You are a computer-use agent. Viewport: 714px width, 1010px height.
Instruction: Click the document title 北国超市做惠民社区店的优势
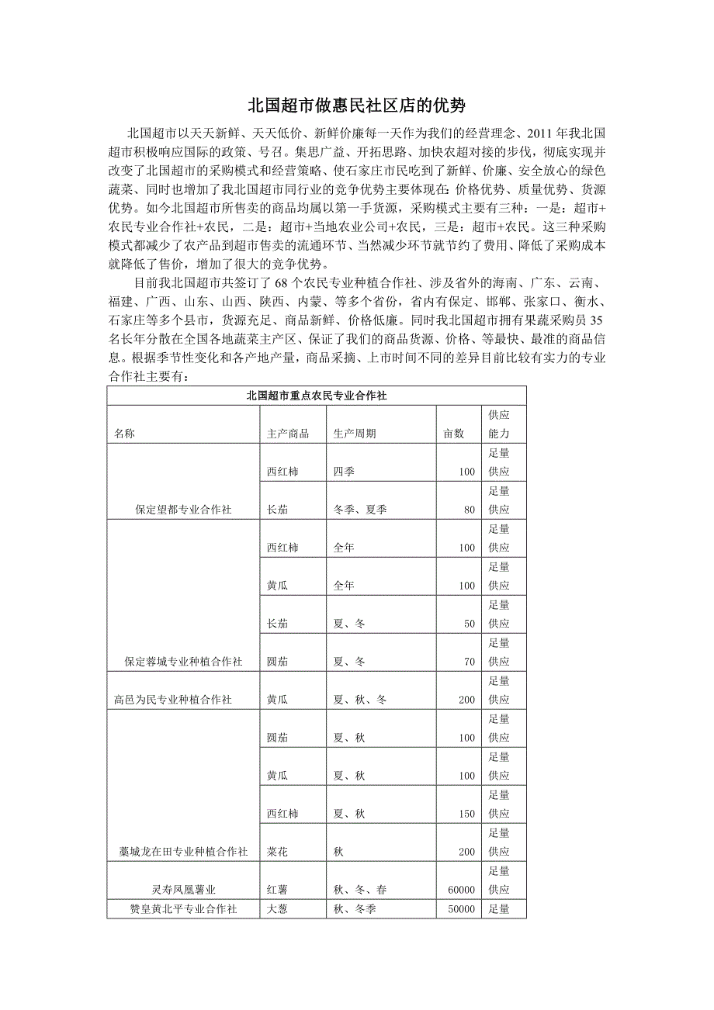356,105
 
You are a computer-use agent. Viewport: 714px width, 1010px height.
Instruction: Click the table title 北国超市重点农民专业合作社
317,395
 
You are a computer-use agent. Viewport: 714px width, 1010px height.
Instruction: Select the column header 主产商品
287,434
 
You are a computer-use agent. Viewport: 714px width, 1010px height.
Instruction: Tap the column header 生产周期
355,434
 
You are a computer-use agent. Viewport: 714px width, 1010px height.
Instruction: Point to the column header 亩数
453,434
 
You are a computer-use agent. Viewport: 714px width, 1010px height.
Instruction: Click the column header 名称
124,434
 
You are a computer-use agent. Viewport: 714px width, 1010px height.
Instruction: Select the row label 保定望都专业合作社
183,510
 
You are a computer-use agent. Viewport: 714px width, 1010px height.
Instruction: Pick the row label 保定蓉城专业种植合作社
183,662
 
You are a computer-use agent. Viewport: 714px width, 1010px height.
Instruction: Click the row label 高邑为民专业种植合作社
172,700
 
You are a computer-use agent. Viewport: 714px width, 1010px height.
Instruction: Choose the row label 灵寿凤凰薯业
184,890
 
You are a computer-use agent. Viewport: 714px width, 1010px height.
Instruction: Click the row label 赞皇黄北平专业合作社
184,908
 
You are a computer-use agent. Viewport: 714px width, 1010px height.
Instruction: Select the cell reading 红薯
278,890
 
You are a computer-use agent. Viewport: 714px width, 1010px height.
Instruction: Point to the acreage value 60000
461,890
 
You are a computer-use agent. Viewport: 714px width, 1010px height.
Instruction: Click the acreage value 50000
461,908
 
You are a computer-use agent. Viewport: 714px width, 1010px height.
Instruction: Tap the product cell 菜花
278,852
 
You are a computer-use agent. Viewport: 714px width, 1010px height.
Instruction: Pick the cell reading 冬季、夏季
360,510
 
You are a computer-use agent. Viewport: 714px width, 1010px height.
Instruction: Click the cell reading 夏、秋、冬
360,700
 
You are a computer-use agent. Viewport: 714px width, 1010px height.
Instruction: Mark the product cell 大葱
278,908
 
